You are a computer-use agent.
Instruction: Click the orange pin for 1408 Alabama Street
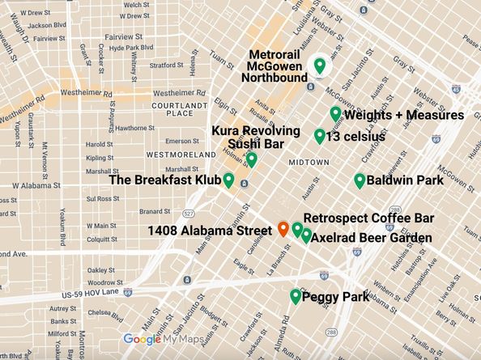pyautogui.click(x=283, y=229)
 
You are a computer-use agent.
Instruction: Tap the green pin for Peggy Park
pyautogui.click(x=296, y=297)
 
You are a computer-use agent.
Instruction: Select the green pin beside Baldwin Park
pyautogui.click(x=360, y=180)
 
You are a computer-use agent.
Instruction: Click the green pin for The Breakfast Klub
pyautogui.click(x=228, y=180)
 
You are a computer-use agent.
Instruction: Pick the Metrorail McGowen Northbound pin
pyautogui.click(x=320, y=66)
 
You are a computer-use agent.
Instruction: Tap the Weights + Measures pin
pyautogui.click(x=335, y=114)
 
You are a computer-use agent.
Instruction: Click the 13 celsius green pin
pyautogui.click(x=320, y=135)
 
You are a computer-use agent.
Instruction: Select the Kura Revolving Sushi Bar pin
pyautogui.click(x=252, y=159)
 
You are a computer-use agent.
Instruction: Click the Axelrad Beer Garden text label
pyautogui.click(x=370, y=239)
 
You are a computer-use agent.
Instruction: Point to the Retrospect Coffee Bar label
pyautogui.click(x=369, y=218)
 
